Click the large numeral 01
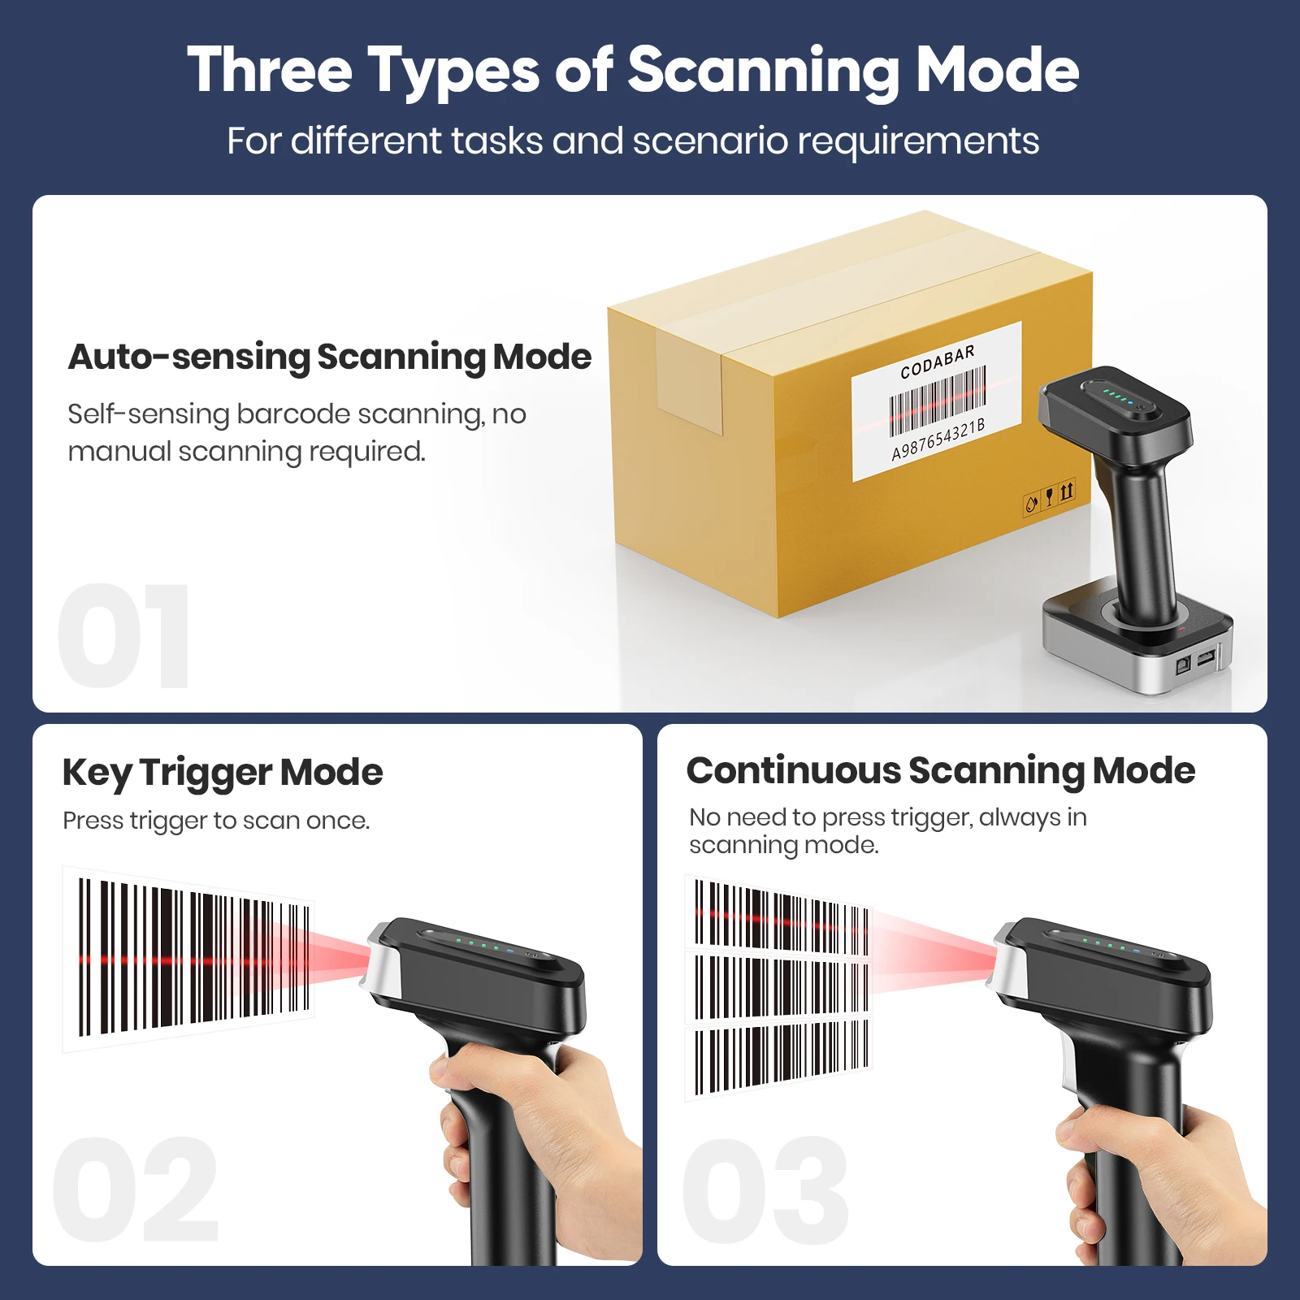pyautogui.click(x=123, y=636)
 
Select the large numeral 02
pyautogui.click(x=136, y=1190)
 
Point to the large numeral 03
pyautogui.click(x=765, y=1190)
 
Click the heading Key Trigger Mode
pyautogui.click(x=222, y=772)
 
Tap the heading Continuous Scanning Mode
pyautogui.click(x=940, y=770)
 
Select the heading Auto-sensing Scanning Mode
pyautogui.click(x=329, y=357)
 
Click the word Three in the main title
pyautogui.click(x=269, y=71)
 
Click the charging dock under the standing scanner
pyautogui.click(x=1137, y=650)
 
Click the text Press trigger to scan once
pyautogui.click(x=216, y=821)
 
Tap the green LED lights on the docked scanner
pyautogui.click(x=1116, y=397)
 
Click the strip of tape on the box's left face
pyautogui.click(x=689, y=382)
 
